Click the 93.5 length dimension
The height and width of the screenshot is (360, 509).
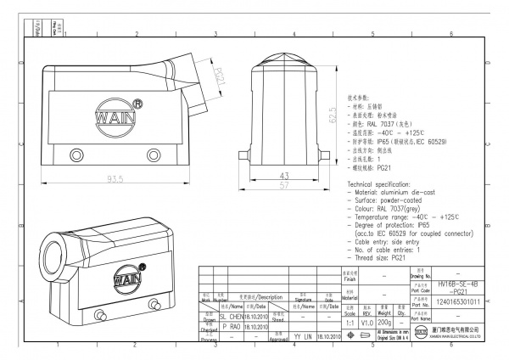(x=115, y=178)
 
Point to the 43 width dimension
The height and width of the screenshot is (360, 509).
(x=284, y=174)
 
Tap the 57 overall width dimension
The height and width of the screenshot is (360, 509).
(x=284, y=184)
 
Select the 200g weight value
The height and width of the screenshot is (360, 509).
(x=384, y=323)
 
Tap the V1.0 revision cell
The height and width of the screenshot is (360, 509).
(x=367, y=323)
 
